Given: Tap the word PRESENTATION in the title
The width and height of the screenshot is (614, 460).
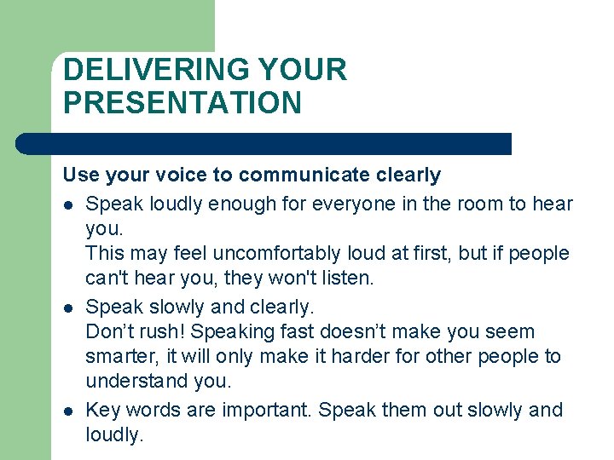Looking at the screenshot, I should (182, 103).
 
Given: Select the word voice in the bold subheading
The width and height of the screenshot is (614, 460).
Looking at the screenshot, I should (179, 175).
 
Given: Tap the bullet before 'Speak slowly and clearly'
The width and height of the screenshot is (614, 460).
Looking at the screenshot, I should (68, 308).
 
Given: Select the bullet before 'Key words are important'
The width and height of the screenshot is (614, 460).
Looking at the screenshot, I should (68, 411).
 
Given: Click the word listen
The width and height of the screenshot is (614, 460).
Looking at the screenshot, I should (345, 278).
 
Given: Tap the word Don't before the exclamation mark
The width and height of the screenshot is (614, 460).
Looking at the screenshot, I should (109, 332).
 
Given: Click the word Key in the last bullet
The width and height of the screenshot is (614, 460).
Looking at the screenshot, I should (102, 410).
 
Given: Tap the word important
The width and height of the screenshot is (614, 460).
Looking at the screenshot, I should (266, 410).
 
